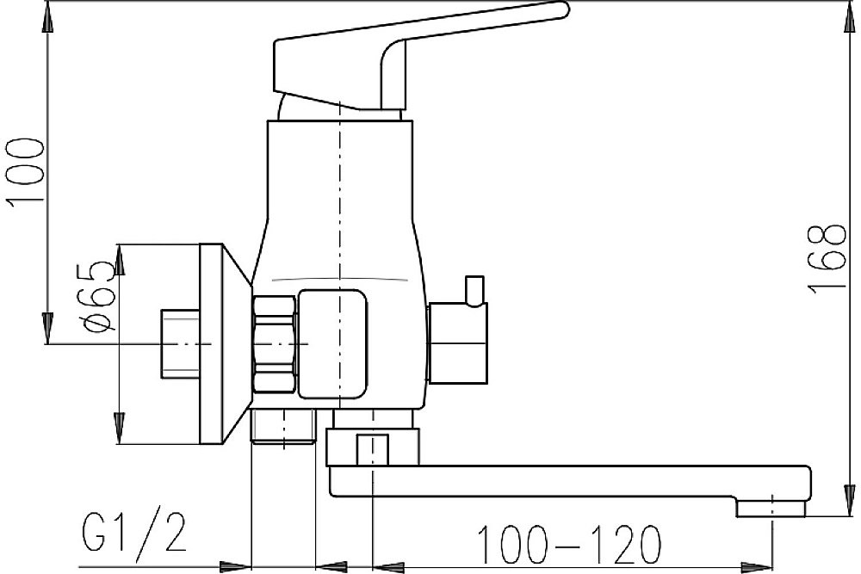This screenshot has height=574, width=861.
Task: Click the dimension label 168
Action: coord(827,258)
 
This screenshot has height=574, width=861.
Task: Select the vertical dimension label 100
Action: coord(25,173)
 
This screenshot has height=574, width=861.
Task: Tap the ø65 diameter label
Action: coord(101,296)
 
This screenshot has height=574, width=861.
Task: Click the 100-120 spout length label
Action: coord(569,545)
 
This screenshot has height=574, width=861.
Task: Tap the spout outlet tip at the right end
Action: coord(771,508)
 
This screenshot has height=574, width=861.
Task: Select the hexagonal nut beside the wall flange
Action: coord(276,344)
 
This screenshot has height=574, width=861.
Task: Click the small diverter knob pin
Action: coord(474,290)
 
